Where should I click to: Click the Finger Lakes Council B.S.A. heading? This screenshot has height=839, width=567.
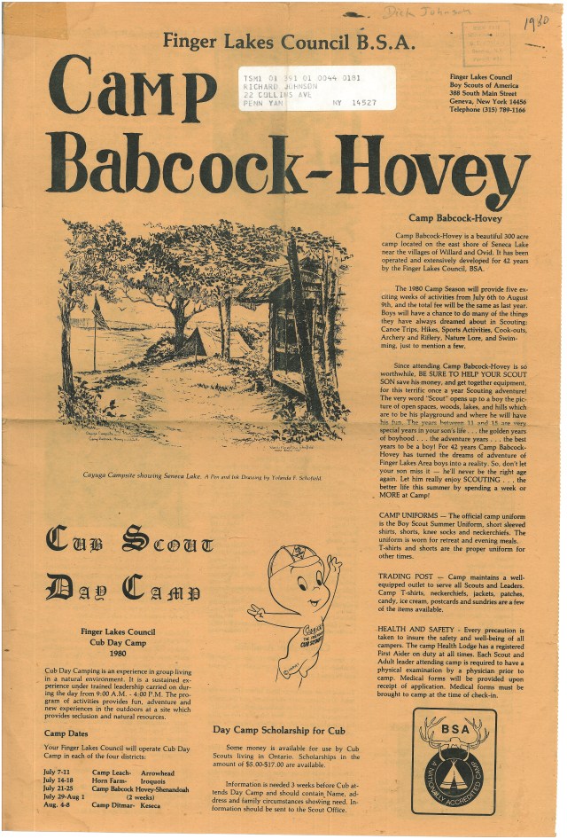pyautogui.click(x=280, y=41)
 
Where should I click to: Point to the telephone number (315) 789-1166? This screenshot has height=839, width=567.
pyautogui.click(x=486, y=110)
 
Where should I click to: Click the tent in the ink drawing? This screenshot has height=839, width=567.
pyautogui.click(x=193, y=343)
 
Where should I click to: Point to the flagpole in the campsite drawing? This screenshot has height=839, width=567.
pyautogui.click(x=93, y=333)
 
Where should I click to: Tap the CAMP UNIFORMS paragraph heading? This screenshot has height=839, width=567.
pyautogui.click(x=415, y=515)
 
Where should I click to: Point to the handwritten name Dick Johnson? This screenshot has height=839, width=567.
pyautogui.click(x=423, y=12)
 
